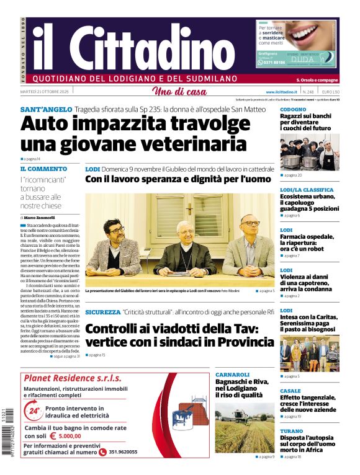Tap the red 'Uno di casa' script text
[179, 92]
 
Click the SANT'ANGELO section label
[46, 110]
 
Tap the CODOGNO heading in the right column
[293, 110]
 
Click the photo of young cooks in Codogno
[309, 152]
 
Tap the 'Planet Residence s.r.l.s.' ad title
[72, 378]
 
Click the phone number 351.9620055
[123, 452]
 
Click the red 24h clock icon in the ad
[34, 410]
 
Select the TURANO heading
[291, 431]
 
